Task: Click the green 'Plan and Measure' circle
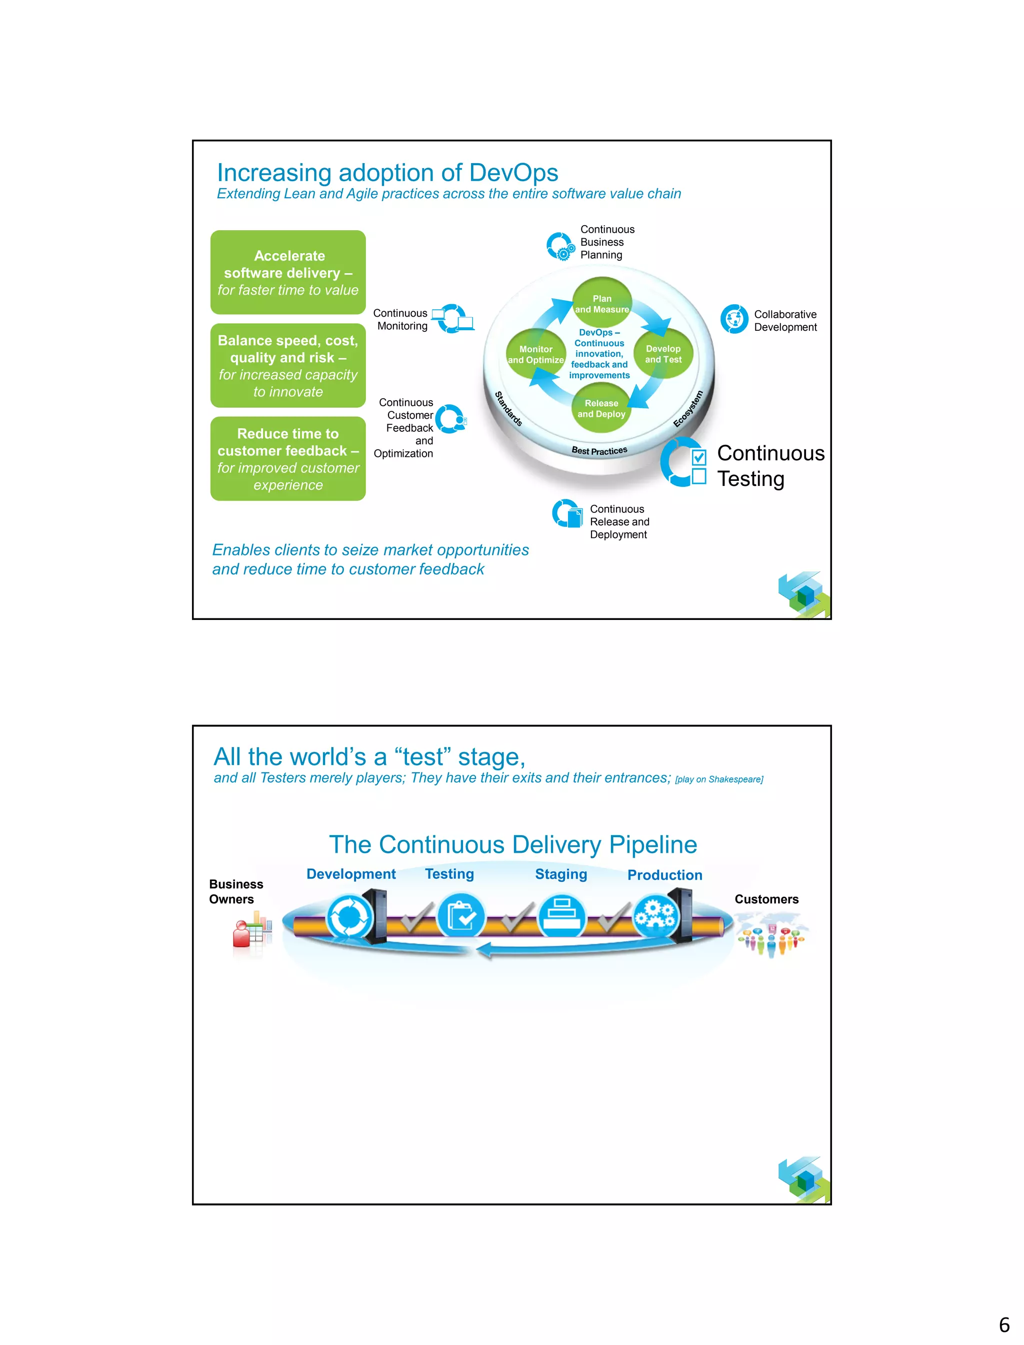tap(601, 303)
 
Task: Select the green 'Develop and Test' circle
tap(663, 354)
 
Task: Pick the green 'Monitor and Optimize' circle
tap(536, 354)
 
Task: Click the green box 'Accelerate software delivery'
tap(288, 273)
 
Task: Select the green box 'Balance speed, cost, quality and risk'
tap(288, 365)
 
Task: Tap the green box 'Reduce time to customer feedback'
tap(288, 459)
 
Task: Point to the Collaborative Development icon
tap(734, 319)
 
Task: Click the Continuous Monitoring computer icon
tap(453, 318)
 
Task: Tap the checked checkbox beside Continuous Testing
tap(698, 457)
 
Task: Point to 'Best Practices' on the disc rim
tap(599, 451)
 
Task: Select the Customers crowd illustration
tap(770, 935)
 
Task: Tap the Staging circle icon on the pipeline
tap(561, 916)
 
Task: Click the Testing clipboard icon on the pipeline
tap(461, 916)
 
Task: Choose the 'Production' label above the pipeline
tap(664, 875)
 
